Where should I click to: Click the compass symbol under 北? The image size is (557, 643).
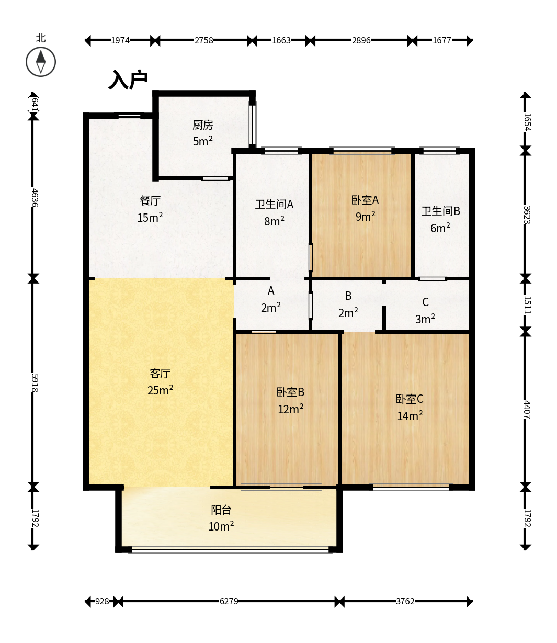tap(41, 62)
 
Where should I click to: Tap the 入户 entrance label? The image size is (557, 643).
tap(128, 80)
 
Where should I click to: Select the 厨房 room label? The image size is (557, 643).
tap(203, 125)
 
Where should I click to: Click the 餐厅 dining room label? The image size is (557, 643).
tap(150, 201)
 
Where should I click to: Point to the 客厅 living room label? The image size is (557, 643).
tap(160, 373)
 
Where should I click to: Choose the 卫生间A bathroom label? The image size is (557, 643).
tap(274, 205)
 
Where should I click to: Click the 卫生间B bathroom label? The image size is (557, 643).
tap(441, 211)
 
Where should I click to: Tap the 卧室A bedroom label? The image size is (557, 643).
tap(365, 200)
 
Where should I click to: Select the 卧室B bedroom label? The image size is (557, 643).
tap(290, 392)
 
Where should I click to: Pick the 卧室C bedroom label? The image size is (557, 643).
tap(410, 399)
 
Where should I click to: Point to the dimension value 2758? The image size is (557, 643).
tap(203, 40)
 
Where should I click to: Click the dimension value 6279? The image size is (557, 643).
tap(229, 601)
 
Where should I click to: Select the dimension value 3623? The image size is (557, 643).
tap(527, 215)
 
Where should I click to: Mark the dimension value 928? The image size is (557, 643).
tap(102, 601)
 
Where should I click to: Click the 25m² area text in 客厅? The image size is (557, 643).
tap(160, 390)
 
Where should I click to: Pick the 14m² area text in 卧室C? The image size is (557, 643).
tap(410, 415)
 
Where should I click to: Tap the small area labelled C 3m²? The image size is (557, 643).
tap(425, 310)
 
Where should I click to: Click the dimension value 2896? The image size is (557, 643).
tap(361, 40)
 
